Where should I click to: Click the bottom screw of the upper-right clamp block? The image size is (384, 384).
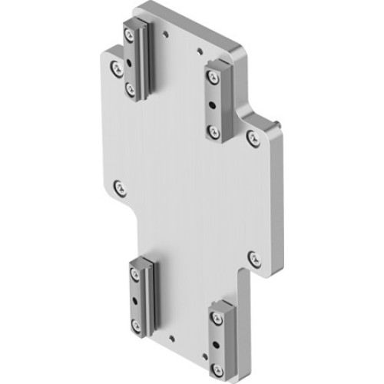pyautogui.click(x=214, y=131)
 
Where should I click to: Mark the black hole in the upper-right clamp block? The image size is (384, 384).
pyautogui.click(x=213, y=104)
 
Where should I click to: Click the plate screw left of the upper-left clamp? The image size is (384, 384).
pyautogui.click(x=114, y=69)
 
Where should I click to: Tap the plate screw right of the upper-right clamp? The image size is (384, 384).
pyautogui.click(x=252, y=137)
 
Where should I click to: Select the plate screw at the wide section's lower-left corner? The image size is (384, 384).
pyautogui.click(x=117, y=186)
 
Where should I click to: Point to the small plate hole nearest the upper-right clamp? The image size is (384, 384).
pyautogui.click(x=199, y=53)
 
